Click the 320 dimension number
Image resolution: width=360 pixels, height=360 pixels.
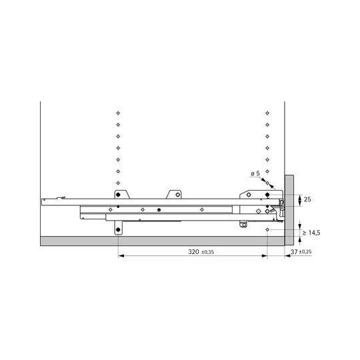(x=193, y=252)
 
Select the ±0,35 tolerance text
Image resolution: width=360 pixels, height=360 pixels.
(x=207, y=252)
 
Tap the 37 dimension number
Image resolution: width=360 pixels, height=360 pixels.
(x=294, y=252)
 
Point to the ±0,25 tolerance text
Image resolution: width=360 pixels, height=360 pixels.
(x=305, y=252)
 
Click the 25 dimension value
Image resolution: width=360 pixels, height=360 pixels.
(x=307, y=199)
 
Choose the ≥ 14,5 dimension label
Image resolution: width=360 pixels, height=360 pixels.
(x=311, y=233)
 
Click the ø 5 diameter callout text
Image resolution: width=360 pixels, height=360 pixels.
(x=255, y=174)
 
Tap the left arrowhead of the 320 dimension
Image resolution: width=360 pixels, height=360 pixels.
(x=121, y=256)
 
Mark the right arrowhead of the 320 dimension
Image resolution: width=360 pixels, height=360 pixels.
(x=264, y=256)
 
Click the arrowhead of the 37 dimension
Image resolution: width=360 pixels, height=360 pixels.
(x=288, y=256)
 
